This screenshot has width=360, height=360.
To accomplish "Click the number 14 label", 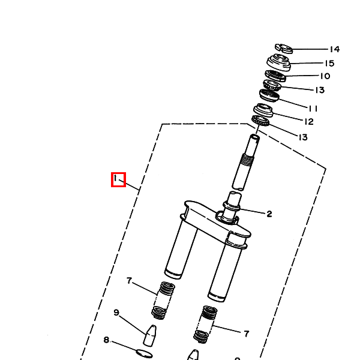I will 334,50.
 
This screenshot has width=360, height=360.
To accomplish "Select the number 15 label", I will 329,63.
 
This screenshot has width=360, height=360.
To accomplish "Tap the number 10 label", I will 325,76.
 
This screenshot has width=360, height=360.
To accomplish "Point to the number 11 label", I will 313,109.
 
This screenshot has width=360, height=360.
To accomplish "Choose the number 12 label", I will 308,122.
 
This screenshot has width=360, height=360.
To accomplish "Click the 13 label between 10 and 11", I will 319,91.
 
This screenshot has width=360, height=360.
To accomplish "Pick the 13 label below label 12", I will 302,137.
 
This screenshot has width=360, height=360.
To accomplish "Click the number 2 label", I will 269,214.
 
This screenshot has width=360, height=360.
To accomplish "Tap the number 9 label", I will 117,312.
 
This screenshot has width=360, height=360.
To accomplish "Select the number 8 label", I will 106,340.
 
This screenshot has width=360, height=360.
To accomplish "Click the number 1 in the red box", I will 118,179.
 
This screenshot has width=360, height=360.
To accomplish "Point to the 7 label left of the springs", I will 128,281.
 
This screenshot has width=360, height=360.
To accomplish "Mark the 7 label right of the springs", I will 247,334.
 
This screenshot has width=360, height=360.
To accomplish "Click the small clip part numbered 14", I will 283,47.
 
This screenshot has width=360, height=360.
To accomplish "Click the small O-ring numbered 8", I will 144,353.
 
